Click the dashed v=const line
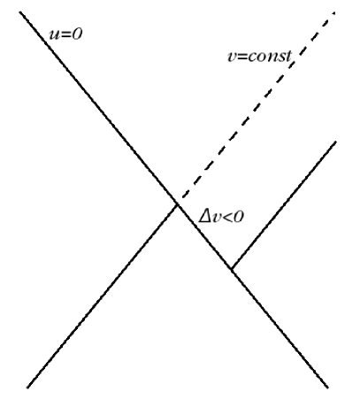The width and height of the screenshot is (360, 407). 257,107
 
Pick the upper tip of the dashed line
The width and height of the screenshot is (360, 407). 336,12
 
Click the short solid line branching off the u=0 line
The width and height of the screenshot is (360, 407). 283,205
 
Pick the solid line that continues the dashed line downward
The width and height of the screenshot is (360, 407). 102,296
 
